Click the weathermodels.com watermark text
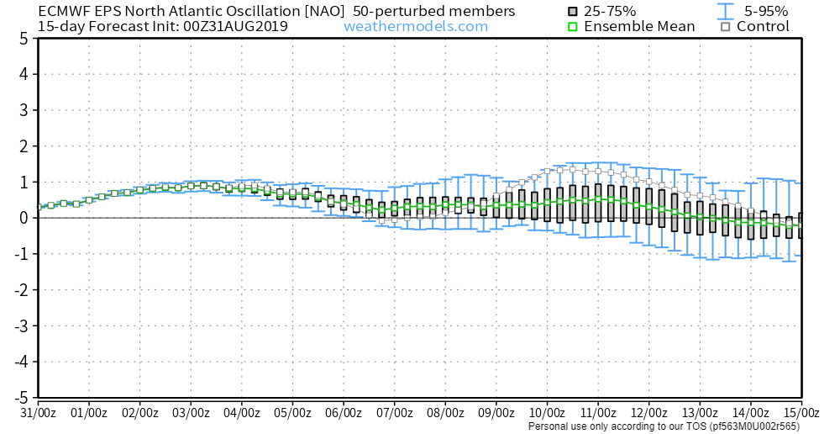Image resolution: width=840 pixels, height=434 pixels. point(415,26)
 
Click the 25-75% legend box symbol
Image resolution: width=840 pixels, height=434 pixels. point(573,11)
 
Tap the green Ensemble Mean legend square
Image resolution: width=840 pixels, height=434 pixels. point(573,26)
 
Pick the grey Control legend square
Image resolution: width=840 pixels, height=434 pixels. point(725,26)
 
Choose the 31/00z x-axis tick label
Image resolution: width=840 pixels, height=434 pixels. point(39,413)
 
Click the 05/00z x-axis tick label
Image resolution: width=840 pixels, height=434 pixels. point(293,413)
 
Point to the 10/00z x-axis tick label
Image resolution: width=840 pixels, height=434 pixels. point(548,413)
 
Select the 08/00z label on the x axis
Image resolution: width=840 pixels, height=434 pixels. point(446,413)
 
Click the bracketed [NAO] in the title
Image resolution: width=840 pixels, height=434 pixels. point(321,11)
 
